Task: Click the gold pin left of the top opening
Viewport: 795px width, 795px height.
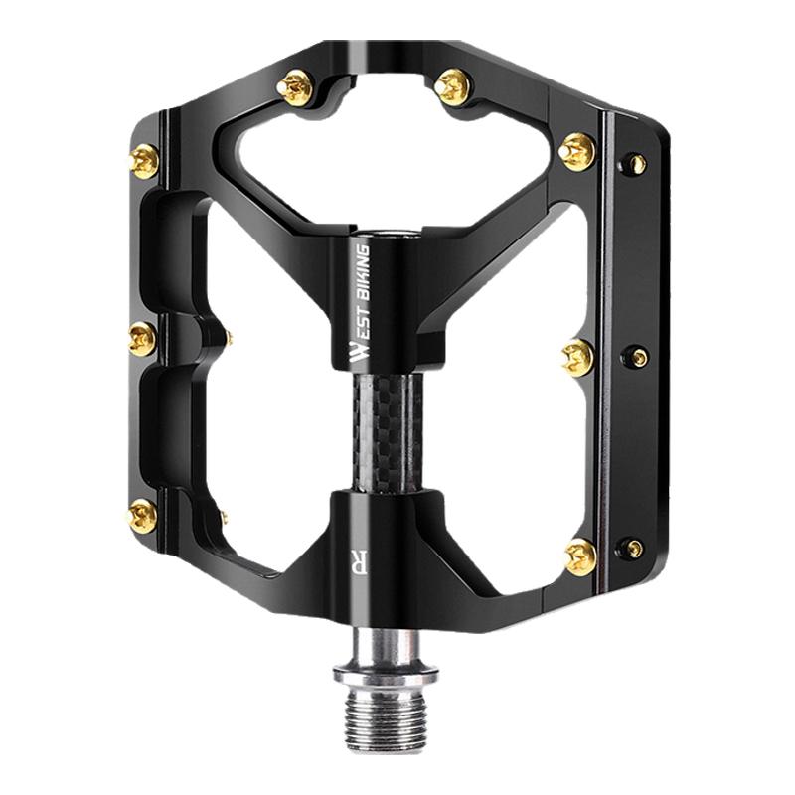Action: pyautogui.click(x=295, y=87)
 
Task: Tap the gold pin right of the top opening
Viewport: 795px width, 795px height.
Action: pyautogui.click(x=453, y=87)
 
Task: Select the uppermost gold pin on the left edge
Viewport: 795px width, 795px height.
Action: pyautogui.click(x=144, y=161)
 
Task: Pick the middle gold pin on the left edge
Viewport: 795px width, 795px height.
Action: pyautogui.click(x=142, y=338)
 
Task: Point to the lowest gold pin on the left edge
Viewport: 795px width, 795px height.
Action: pyautogui.click(x=142, y=516)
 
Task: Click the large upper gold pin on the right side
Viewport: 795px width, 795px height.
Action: pyautogui.click(x=577, y=152)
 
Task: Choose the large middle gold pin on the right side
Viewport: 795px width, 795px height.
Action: pyautogui.click(x=578, y=358)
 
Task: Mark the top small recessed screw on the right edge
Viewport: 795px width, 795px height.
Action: pyautogui.click(x=634, y=164)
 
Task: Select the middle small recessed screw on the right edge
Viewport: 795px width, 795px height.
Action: pyautogui.click(x=637, y=357)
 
